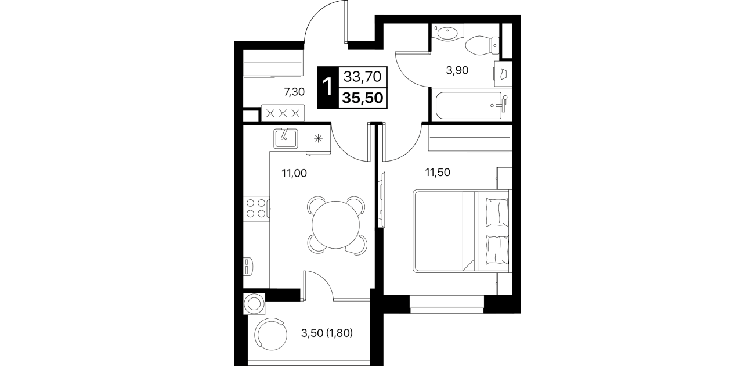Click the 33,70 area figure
click(362, 77)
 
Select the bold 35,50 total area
click(363, 98)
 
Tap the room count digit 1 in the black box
click(327, 87)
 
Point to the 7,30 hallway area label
click(294, 92)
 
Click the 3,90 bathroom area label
click(457, 70)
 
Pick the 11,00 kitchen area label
click(294, 173)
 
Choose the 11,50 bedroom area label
click(438, 173)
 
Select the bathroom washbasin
click(447, 33)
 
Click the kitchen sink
click(286, 138)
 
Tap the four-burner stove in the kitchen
click(257, 208)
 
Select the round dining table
click(335, 225)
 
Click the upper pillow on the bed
click(497, 212)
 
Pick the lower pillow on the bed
click(497, 250)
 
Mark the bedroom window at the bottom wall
click(447, 304)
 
